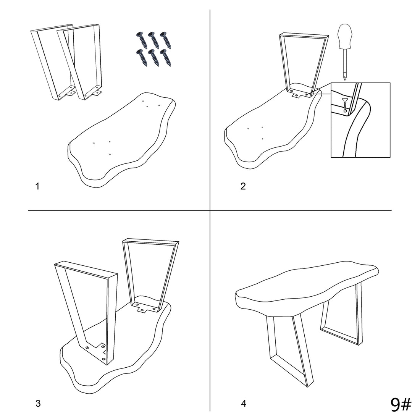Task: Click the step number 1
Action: point(37,186)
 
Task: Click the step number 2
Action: point(243,186)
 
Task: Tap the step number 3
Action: point(38,404)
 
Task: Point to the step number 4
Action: point(244,404)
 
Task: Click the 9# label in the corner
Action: point(401,404)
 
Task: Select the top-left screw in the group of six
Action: point(142,40)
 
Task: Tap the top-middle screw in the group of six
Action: point(153,40)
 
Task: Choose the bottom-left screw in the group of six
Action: point(142,58)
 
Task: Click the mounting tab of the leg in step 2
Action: point(297,95)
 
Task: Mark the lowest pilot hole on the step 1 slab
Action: point(110,154)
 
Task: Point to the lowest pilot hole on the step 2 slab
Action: point(263,139)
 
